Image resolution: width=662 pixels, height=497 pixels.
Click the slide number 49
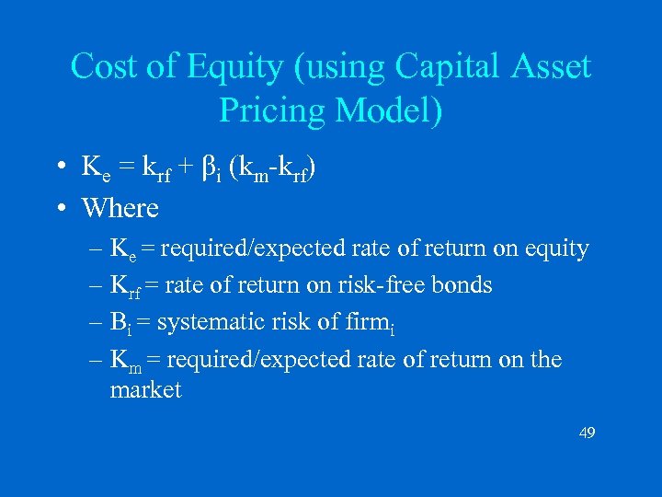pos(587,432)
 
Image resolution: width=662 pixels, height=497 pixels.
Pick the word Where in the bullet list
pos(120,208)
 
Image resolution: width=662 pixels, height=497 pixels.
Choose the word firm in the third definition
pos(369,322)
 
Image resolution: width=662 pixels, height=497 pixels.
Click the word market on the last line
pos(145,390)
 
